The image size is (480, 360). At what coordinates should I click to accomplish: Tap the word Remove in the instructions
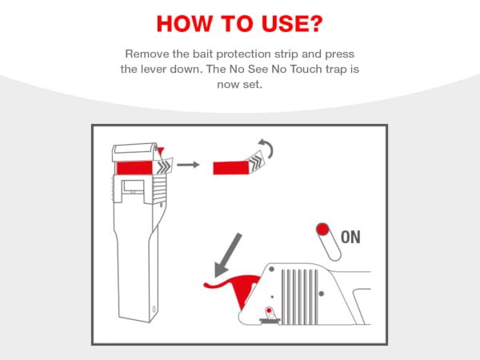coord(147,54)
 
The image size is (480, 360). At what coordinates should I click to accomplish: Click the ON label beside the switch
coord(350,238)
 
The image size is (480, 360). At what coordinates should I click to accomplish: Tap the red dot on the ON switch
coord(322,229)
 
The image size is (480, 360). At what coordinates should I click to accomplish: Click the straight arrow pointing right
coord(188,165)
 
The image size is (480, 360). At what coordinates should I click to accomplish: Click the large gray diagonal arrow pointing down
coord(227,257)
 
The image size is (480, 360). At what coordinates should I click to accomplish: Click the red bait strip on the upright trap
coord(134,168)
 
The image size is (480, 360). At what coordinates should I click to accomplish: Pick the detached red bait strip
coord(231,168)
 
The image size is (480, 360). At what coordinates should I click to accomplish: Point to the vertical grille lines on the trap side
coord(299,297)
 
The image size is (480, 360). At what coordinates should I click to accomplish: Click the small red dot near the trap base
coord(269,310)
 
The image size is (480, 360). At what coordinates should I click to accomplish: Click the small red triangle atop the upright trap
coord(161,150)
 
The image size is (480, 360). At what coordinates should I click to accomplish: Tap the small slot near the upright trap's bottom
coord(154,309)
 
